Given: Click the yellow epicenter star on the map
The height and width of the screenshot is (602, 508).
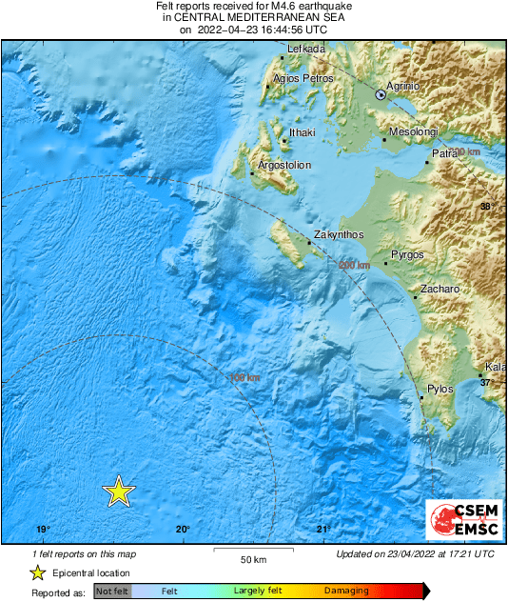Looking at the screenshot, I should point(118,491).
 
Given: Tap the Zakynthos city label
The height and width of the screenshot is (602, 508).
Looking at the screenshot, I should point(339,235).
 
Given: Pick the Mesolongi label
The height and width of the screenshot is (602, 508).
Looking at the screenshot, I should point(418,132).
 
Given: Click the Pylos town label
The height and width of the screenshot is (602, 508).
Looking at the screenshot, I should point(440,389).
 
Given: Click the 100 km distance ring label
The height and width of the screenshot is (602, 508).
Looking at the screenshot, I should point(244,378).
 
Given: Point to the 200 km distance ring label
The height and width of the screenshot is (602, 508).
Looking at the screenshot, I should point(354,265).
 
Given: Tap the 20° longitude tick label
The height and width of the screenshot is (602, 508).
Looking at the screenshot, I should point(183,530).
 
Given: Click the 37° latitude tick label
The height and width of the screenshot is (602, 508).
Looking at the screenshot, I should point(487,382).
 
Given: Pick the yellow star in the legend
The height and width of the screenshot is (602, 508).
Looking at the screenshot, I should point(37,572).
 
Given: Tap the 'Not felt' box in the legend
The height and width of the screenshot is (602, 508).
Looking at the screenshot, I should point(112,592).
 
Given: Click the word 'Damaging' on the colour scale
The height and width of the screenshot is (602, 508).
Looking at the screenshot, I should point(345,592).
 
